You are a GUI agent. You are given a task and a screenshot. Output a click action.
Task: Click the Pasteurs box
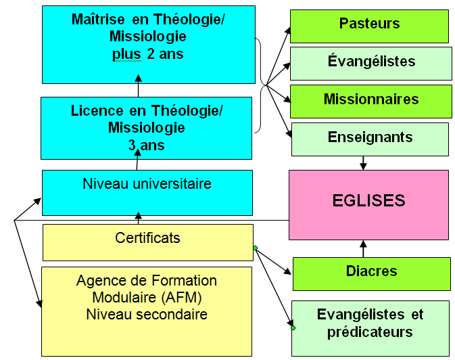point(369,25)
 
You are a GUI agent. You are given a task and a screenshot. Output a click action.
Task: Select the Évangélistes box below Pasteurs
point(370,62)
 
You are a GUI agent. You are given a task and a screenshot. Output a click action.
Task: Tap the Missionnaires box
point(370,100)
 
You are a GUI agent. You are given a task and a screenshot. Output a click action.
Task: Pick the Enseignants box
point(370,138)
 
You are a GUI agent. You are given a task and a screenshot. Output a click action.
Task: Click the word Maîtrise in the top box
point(99,19)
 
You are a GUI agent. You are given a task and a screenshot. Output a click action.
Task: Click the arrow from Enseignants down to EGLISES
point(364,162)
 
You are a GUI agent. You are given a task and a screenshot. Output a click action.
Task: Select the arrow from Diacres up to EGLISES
point(364,248)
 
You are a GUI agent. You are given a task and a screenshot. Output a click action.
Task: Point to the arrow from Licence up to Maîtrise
point(139,88)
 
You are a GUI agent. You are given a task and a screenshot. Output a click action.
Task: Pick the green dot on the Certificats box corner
point(254,248)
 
